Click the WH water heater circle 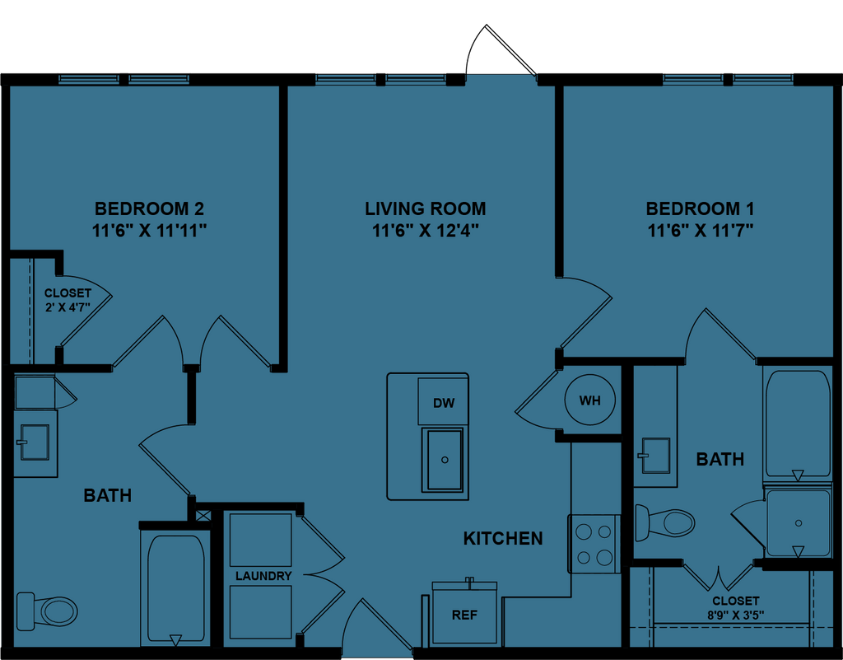(589, 401)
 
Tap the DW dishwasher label (444, 403)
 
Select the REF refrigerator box (464, 615)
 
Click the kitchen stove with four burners (594, 544)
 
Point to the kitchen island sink (445, 459)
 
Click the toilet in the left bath (49, 610)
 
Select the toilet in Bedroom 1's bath (668, 522)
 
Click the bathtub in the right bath (797, 424)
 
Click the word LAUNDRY (263, 576)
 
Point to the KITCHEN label (503, 539)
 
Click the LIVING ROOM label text (425, 208)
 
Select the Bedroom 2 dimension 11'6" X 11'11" (149, 231)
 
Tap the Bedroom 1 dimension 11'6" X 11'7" (700, 231)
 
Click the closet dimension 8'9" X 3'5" (735, 615)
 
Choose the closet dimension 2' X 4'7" (68, 307)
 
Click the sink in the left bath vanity (34, 442)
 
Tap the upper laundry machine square (260, 540)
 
